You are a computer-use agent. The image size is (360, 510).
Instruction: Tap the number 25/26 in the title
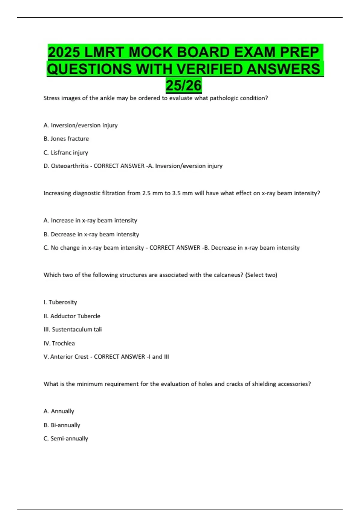(x=184, y=85)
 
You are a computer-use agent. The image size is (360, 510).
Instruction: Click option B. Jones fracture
(x=66, y=139)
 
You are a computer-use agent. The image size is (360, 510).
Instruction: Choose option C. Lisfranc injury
(x=66, y=152)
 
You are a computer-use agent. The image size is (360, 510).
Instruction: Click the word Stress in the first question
(x=52, y=98)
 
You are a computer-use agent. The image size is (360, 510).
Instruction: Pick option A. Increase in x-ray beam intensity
(x=90, y=220)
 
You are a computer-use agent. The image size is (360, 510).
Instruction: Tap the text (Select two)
(x=261, y=275)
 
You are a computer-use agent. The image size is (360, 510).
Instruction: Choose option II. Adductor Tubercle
(x=72, y=316)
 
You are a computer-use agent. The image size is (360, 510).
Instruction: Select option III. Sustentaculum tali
(x=73, y=329)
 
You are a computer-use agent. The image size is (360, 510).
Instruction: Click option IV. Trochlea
(x=59, y=343)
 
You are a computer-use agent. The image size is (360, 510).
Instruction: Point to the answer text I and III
(x=158, y=357)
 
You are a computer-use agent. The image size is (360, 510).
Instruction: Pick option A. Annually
(x=59, y=411)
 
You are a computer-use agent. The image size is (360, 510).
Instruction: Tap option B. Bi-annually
(x=62, y=425)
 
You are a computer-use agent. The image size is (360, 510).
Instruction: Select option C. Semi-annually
(x=66, y=439)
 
